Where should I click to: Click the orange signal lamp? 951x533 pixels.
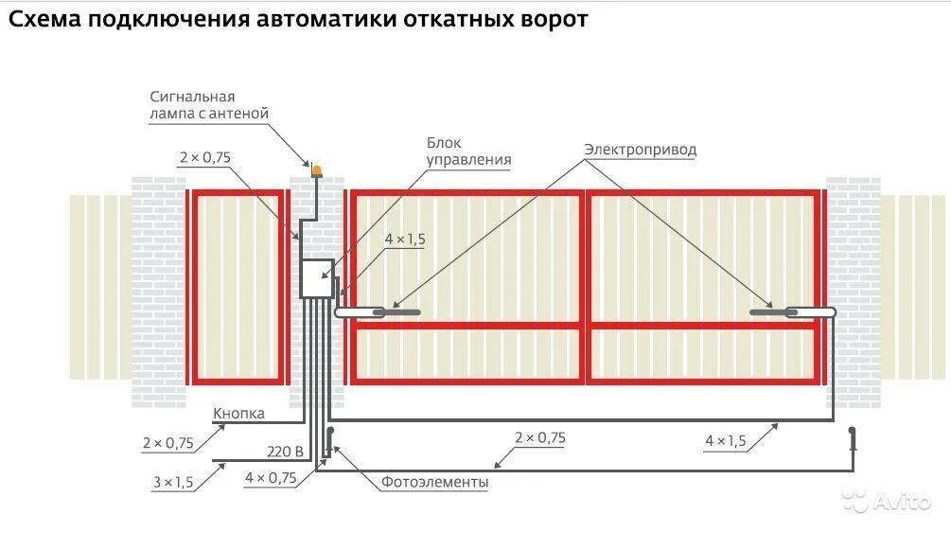(317, 170)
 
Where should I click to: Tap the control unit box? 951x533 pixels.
(316, 278)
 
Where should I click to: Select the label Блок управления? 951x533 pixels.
(467, 151)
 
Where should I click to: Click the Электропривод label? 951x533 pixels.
(639, 150)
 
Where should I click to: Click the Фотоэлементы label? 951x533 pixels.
(434, 483)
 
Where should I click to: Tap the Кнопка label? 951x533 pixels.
(238, 414)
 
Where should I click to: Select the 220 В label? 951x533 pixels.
(285, 452)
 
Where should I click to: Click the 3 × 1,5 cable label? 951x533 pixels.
(172, 483)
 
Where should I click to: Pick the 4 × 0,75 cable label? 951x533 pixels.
(270, 478)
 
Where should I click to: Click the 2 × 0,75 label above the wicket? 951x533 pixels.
(204, 158)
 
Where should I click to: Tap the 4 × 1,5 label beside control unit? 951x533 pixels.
(404, 240)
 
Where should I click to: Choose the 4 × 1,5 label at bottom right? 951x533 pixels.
(725, 440)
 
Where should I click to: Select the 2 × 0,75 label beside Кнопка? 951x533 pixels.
(167, 442)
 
